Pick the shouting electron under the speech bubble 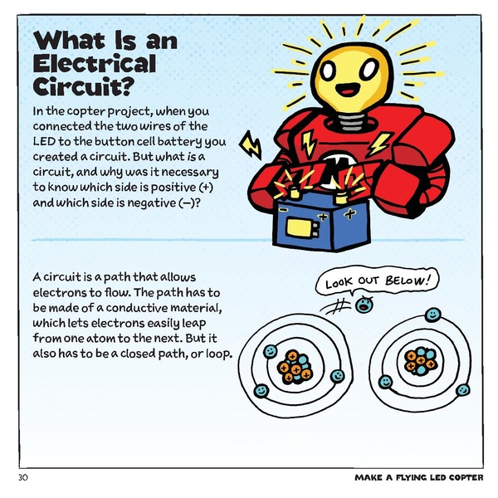[363, 305]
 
